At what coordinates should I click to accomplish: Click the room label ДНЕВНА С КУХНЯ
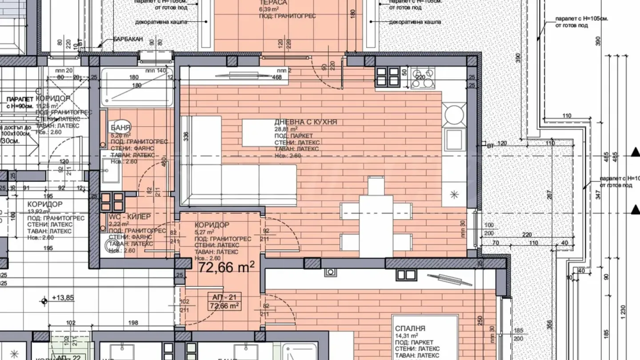tap(305, 122)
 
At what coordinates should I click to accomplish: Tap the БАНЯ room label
tap(121, 128)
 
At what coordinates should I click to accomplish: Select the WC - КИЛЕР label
tap(130, 216)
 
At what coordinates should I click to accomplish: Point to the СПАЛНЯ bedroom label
tap(410, 328)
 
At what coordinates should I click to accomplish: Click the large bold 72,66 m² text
tap(226, 267)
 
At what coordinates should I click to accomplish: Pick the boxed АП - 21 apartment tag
tap(224, 298)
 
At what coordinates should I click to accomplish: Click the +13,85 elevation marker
tap(62, 298)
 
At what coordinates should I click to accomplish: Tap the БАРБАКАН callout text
tap(128, 40)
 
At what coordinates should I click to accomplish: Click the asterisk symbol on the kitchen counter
tap(454, 194)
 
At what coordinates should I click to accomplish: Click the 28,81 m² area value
tap(286, 129)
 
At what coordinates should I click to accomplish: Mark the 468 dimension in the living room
tap(277, 77)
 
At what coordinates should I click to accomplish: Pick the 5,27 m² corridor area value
tap(204, 232)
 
